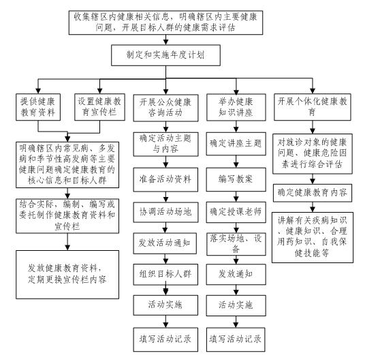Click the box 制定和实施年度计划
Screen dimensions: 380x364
point(165,55)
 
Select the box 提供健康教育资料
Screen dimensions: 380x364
point(38,107)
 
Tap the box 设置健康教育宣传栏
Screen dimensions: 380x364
point(100,107)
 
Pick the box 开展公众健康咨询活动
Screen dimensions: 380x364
point(165,108)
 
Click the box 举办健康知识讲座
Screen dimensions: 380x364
point(236,108)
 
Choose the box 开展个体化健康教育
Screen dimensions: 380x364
point(313,107)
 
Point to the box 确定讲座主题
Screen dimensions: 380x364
point(236,144)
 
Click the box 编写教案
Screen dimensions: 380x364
point(236,179)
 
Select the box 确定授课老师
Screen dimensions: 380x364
point(236,212)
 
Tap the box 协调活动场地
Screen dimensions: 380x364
point(165,212)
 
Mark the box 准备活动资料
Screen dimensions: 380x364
point(165,180)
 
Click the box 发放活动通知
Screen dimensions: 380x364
point(165,243)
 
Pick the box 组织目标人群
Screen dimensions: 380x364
point(165,274)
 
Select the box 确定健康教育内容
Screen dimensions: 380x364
point(313,193)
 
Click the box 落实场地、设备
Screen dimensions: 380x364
point(236,244)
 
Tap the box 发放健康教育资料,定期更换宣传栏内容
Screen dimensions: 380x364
point(67,275)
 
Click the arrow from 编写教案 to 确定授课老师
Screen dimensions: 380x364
point(236,197)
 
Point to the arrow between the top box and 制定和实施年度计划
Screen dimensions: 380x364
point(165,40)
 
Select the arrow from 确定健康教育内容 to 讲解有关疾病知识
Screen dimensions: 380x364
point(313,207)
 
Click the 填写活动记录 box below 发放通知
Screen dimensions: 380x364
point(236,339)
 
